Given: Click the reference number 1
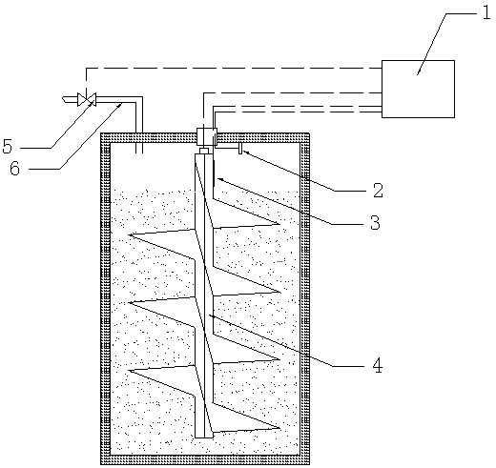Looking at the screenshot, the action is point(486,14).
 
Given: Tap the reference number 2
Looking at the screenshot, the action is point(378,191).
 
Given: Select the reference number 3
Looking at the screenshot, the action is point(375,222).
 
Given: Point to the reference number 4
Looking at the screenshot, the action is point(378,366).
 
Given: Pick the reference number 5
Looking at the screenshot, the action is point(8,147).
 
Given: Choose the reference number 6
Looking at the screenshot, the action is point(14,169).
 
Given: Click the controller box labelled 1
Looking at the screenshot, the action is point(418,89).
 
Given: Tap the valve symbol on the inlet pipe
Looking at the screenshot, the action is point(87,99).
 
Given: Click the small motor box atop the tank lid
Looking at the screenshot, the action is point(207,137).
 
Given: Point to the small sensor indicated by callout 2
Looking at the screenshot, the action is point(240,149).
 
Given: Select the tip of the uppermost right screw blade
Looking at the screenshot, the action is point(279,224).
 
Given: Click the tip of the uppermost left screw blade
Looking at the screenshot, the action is point(129,234).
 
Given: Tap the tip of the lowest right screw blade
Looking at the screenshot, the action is point(279,428).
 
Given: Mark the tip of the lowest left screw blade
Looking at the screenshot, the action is point(129,371).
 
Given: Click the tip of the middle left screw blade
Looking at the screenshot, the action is point(129,302).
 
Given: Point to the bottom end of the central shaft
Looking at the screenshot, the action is point(204,437).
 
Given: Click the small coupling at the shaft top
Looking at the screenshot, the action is point(204,151).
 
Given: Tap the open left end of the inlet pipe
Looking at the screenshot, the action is point(64,99).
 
